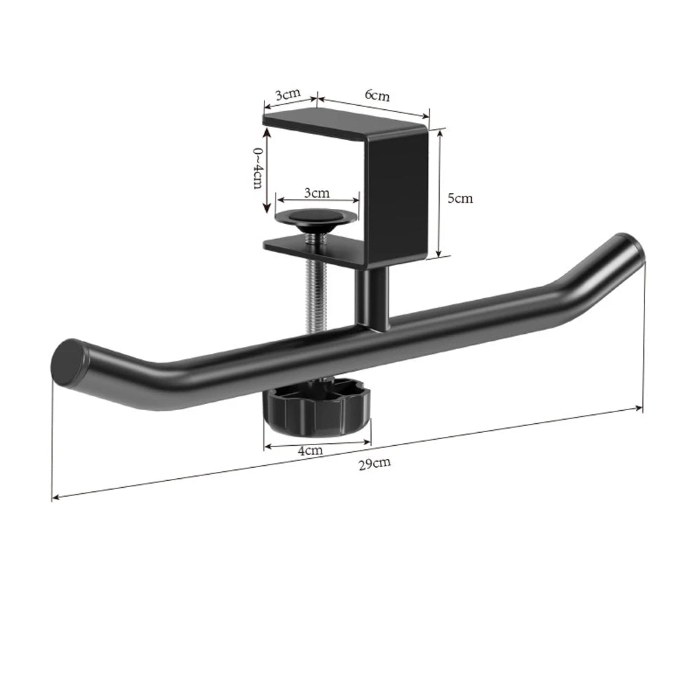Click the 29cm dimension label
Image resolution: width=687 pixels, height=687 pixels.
coord(374,462)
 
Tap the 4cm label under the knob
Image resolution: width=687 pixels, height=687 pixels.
coord(311,450)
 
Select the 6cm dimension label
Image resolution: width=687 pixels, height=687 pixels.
coord(376,95)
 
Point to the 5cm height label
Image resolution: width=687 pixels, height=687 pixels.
coord(460,199)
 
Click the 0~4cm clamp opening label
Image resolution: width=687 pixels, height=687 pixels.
coord(258,168)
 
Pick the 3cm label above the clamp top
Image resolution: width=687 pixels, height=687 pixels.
coord(288,93)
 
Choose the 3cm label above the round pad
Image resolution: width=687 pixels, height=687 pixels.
coord(317,192)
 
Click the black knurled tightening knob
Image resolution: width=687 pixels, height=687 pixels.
coord(317,405)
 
